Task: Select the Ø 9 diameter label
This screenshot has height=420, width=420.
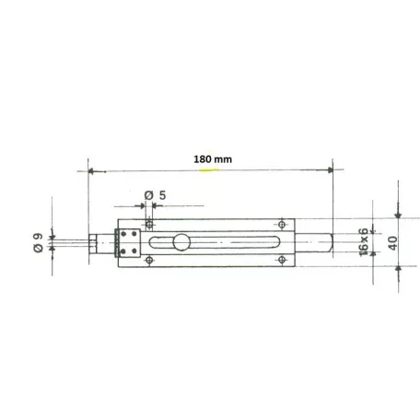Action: point(37,242)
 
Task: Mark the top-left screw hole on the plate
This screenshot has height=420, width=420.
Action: point(150,223)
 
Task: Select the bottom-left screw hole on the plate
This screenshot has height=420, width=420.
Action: point(150,262)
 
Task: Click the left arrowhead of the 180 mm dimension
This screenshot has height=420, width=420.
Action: point(92,170)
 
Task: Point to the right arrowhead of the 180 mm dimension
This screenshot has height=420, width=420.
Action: point(329,170)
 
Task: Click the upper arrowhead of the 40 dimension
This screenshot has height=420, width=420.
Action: point(399,215)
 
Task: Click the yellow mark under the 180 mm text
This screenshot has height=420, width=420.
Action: point(212,169)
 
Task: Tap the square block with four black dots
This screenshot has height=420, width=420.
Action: point(127,242)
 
